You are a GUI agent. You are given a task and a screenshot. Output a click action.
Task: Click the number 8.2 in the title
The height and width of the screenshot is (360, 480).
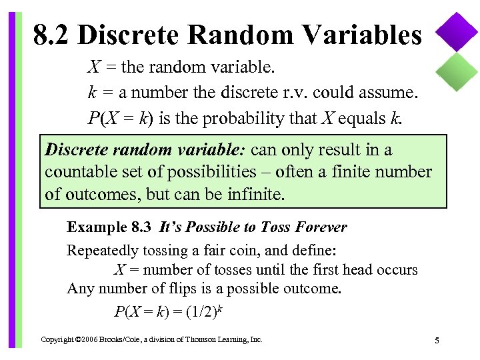pyautogui.click(x=51, y=35)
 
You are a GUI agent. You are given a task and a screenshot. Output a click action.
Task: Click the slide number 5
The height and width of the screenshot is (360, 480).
pyautogui.click(x=437, y=341)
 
